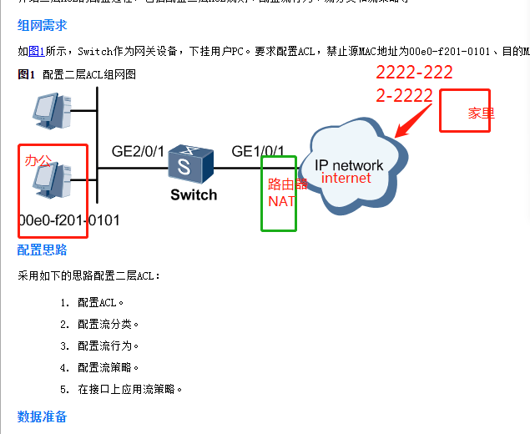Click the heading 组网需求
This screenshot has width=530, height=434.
(43, 25)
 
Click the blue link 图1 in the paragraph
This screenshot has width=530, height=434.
(37, 51)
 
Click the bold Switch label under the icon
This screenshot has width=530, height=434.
(194, 195)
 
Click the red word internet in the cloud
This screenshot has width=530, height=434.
(346, 178)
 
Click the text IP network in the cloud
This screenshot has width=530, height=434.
(350, 164)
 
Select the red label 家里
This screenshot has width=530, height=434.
(481, 114)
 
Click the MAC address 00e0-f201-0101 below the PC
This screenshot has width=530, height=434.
(69, 221)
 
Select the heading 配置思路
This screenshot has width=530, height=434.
(43, 250)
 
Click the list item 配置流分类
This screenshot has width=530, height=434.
(108, 324)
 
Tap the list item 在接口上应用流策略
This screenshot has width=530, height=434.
(129, 389)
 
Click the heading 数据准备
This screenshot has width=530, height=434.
(43, 416)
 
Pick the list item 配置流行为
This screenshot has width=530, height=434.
(108, 346)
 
